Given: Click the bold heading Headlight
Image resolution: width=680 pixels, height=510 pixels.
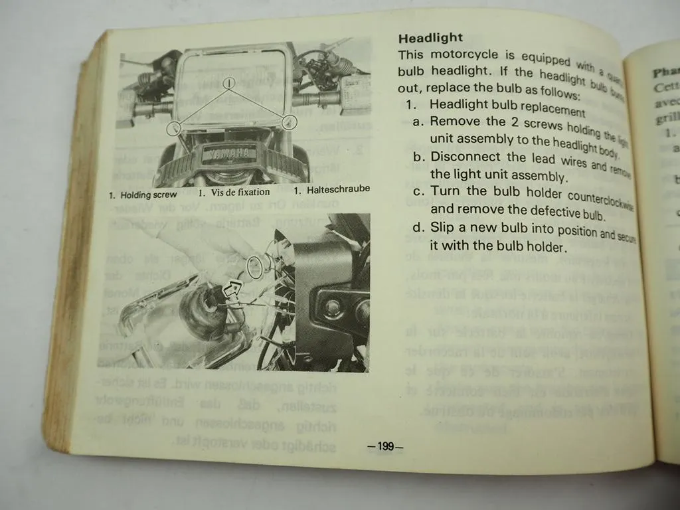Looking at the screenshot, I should [x=430, y=38].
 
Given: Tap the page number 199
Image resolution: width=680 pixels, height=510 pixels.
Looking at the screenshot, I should [x=385, y=446].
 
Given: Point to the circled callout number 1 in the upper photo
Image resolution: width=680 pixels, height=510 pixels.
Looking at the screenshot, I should [x=228, y=83].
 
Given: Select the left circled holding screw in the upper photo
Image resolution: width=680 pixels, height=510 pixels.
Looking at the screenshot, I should [x=174, y=128].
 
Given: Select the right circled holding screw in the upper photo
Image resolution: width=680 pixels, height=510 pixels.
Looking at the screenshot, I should [x=288, y=122].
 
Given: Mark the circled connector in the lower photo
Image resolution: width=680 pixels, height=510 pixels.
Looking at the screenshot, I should [x=254, y=266].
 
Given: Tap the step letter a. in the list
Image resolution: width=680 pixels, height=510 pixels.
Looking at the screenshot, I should [x=418, y=122].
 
